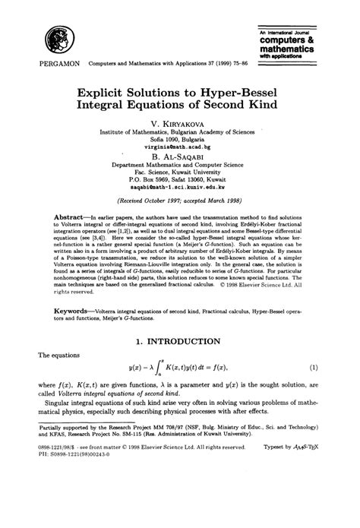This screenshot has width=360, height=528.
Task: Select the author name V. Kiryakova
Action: click(x=180, y=122)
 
